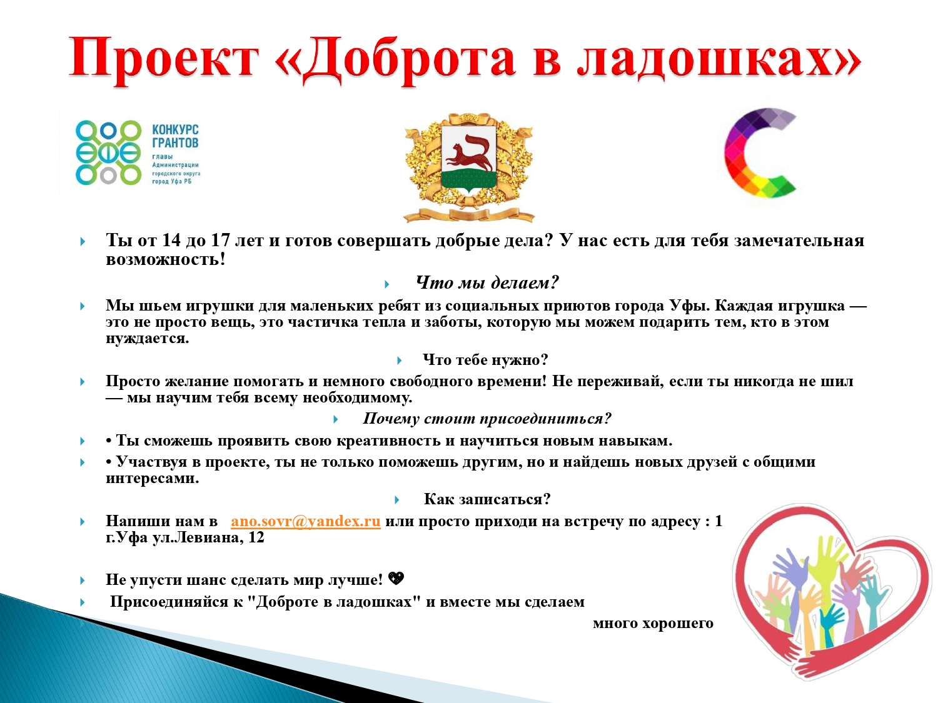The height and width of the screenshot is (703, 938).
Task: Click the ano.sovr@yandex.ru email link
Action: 306,521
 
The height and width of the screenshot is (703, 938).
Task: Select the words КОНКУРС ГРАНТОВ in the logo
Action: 175,136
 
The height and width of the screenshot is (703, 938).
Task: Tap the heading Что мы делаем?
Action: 487,282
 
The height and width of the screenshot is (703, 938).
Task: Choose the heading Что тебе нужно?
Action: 485,360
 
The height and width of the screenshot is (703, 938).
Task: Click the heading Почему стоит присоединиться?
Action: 487,419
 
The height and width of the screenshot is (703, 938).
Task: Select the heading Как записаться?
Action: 487,499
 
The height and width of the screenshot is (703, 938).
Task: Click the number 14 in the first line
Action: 171,241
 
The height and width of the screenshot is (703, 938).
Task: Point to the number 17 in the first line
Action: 221,241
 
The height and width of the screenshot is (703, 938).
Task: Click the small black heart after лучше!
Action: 396,579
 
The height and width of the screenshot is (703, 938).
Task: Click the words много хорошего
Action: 653,624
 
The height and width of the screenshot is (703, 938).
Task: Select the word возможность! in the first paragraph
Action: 165,260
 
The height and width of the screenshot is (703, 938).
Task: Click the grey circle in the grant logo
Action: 108,176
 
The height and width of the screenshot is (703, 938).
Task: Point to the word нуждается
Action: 148,339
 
